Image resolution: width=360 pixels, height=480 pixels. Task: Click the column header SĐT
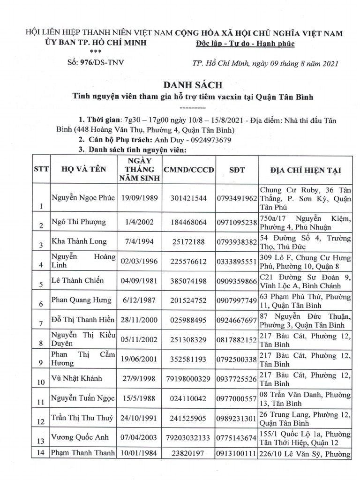(x=237, y=169)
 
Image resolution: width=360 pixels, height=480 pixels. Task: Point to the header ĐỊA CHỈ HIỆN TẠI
(x=305, y=169)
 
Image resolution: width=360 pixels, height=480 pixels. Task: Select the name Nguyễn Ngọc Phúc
(x=82, y=198)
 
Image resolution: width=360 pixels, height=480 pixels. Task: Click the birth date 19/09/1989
(x=138, y=198)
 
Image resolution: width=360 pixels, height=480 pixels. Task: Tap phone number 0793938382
(x=237, y=241)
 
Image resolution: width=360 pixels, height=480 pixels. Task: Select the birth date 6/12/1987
(x=138, y=300)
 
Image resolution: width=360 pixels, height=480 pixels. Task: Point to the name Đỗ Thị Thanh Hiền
(x=82, y=320)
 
